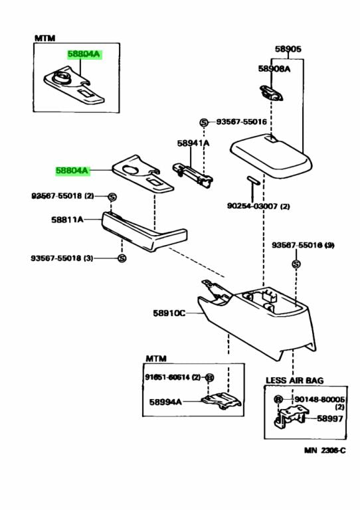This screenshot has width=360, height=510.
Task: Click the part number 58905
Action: [x=288, y=48]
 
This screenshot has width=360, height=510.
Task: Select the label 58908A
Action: [x=274, y=68]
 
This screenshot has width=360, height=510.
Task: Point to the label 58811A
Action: [x=67, y=219]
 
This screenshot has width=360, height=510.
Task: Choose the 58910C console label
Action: [x=169, y=312]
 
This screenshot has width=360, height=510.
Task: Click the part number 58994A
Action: [x=165, y=401]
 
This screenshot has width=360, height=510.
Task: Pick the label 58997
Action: [x=329, y=418]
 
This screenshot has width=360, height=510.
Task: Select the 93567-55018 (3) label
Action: [x=62, y=258]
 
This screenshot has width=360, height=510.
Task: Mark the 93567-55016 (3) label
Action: [x=303, y=246]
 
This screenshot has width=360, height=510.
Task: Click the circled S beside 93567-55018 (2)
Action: [x=112, y=197]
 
